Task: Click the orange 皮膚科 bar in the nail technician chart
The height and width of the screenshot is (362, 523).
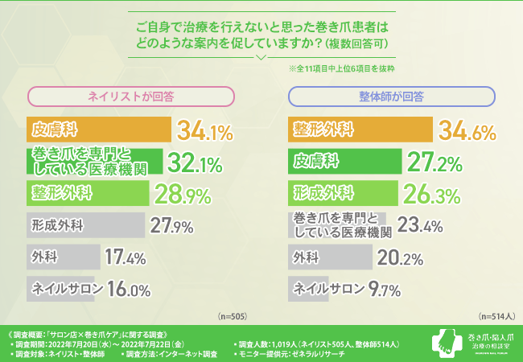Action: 99,129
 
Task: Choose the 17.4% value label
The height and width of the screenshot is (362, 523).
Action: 125,257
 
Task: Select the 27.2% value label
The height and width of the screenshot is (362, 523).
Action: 435,162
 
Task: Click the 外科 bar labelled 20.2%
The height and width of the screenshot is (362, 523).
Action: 330,257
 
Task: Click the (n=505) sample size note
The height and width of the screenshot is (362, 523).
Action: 233,317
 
